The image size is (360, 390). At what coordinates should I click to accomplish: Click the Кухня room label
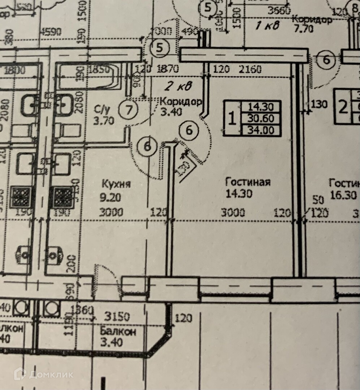click(x=115, y=184)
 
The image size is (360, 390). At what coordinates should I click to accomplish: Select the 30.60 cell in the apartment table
click(x=263, y=118)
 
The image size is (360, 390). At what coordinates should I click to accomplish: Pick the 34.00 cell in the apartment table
click(x=263, y=130)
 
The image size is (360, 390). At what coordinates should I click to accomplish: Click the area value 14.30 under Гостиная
click(x=239, y=194)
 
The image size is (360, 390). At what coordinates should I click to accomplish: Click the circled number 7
click(x=128, y=109)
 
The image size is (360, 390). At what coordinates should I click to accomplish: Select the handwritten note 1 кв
click(x=267, y=25)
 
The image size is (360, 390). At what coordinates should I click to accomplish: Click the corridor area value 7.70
click(x=303, y=29)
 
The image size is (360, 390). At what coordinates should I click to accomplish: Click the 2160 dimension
click(x=250, y=69)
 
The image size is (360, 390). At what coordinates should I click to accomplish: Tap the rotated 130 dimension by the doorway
click(x=183, y=168)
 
